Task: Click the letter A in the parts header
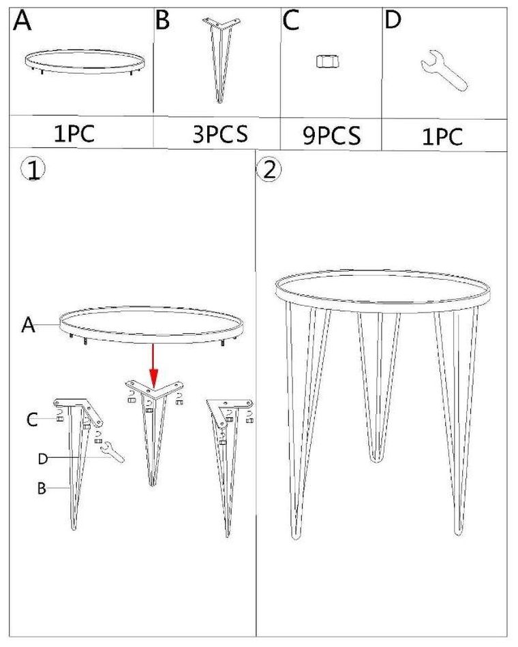coord(22,20)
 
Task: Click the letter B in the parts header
coord(162,20)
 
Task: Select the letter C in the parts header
coord(291,20)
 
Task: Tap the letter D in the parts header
coord(393,20)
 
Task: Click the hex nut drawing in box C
coord(328,61)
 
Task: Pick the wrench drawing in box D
coord(444,71)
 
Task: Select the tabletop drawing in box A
coord(85,62)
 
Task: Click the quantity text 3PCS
coord(220,133)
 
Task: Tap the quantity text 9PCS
coord(332,135)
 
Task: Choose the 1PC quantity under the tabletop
coord(74,133)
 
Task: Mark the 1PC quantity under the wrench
coord(442,136)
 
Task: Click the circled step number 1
coord(33,170)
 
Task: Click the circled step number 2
coord(269,170)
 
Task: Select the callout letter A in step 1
coord(28,325)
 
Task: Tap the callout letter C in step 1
coord(32,420)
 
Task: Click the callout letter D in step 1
coord(43,458)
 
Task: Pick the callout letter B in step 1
coord(42,488)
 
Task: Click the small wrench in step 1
coord(113,452)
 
